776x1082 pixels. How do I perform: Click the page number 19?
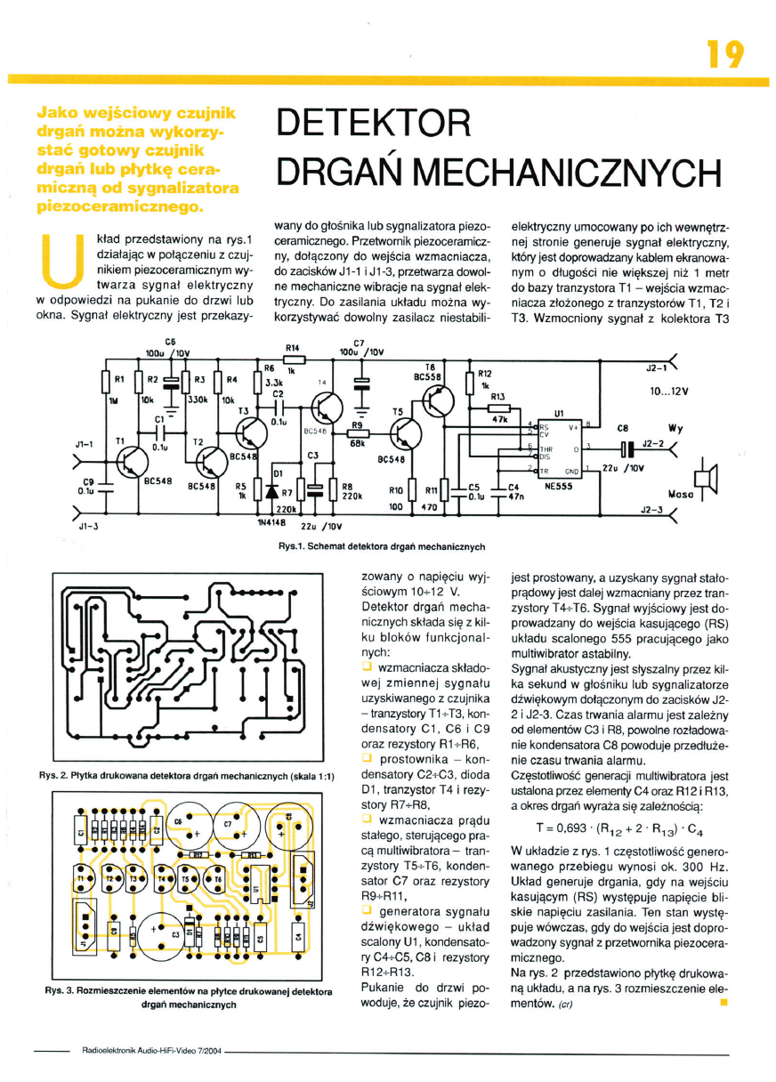724,55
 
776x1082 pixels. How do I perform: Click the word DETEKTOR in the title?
370,124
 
